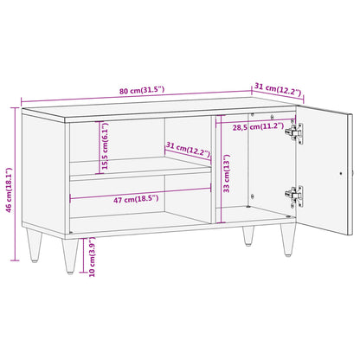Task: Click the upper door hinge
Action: (x=298, y=132)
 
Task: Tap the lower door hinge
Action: (x=298, y=197)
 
